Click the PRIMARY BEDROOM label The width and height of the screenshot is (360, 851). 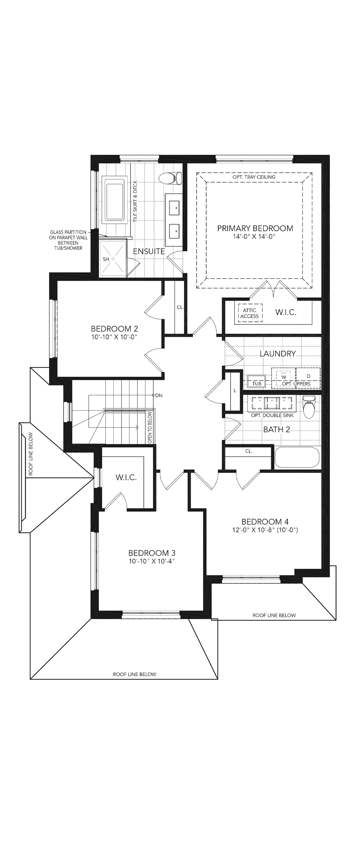255,228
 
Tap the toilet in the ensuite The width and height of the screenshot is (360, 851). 170,178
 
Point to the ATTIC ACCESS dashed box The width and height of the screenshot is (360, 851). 250,313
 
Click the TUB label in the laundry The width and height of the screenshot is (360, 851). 257,384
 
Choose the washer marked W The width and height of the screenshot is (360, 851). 283,378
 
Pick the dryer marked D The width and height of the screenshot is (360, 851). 309,378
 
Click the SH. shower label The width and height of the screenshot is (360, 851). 106,259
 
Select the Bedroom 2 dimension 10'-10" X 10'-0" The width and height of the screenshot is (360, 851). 114,337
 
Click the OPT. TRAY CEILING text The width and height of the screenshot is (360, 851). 254,177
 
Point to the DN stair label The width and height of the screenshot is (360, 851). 159,395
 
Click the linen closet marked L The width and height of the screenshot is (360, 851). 235,390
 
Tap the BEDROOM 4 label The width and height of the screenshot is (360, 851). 265,522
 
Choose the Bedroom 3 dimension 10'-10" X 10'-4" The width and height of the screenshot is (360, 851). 152,561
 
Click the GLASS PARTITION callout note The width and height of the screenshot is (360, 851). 68,240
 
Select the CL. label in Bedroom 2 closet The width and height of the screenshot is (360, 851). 180,307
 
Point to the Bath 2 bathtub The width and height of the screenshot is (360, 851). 297,457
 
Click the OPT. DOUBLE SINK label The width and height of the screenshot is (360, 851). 273,415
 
